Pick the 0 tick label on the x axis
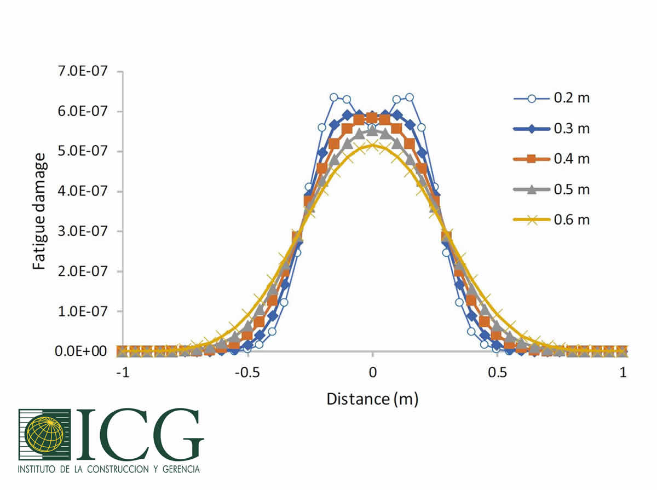click(372, 373)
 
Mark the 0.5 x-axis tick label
click(497, 373)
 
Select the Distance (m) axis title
click(372, 399)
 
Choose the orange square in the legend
click(531, 159)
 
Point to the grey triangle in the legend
click(531, 189)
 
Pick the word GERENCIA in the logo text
click(178, 469)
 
